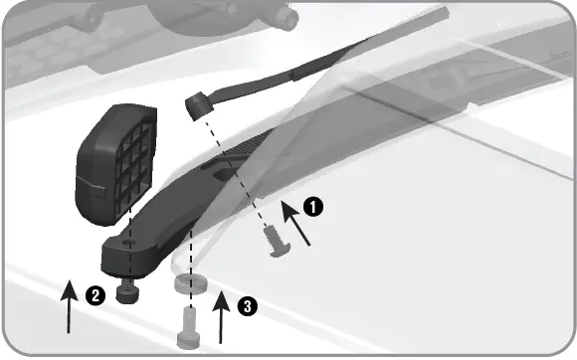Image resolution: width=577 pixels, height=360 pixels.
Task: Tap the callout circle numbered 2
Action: pyautogui.click(x=94, y=295)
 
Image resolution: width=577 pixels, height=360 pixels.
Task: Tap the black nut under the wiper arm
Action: pyautogui.click(x=126, y=291)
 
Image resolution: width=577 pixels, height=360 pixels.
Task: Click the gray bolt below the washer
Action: pyautogui.click(x=188, y=321)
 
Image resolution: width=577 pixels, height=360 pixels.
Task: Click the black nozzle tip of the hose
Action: pyautogui.click(x=196, y=102)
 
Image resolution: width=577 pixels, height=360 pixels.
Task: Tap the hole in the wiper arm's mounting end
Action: pyautogui.click(x=126, y=242)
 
